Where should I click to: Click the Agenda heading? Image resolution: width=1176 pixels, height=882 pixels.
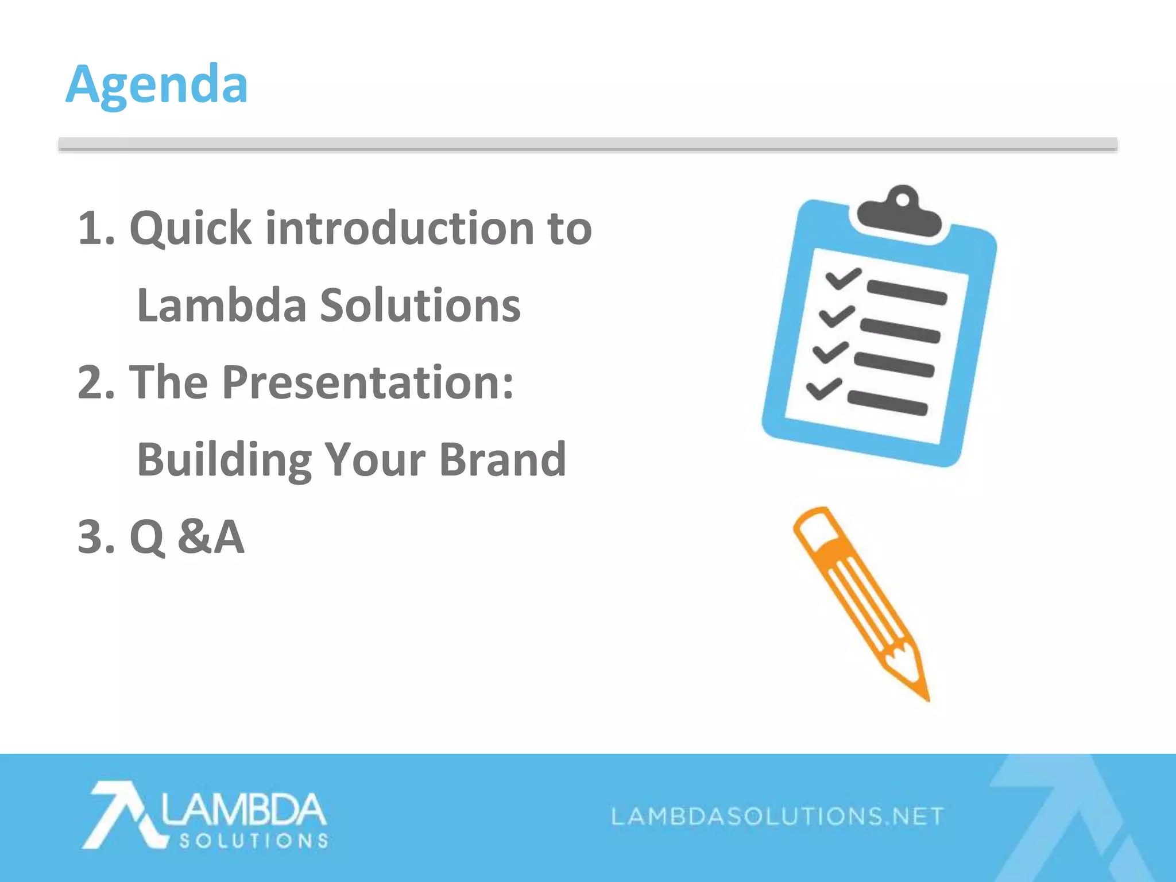pyautogui.click(x=157, y=84)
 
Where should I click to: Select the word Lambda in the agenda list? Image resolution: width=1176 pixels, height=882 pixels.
pyautogui.click(x=222, y=305)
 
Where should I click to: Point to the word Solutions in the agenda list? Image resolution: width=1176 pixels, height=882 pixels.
pyautogui.click(x=420, y=305)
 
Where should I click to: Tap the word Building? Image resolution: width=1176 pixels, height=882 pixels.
pyautogui.click(x=225, y=459)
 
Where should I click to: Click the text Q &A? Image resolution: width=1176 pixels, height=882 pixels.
pyautogui.click(x=187, y=537)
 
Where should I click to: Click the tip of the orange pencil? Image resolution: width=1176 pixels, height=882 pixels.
pyautogui.click(x=926, y=697)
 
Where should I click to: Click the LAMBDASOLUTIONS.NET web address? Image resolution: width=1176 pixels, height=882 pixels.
pyautogui.click(x=777, y=816)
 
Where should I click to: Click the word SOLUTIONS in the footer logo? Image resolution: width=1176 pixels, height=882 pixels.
pyautogui.click(x=254, y=841)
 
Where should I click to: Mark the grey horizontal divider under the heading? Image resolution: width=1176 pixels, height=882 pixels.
pyautogui.click(x=587, y=144)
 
